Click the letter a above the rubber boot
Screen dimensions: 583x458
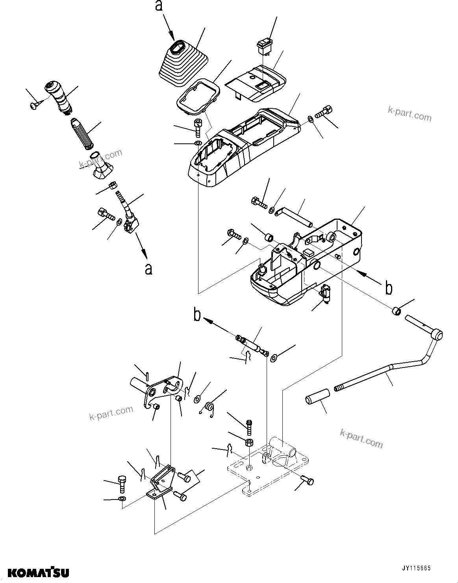159,6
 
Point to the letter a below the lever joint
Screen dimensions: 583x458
148,269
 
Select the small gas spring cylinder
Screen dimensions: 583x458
252,344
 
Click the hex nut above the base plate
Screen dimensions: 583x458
249,442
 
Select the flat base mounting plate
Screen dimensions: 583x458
268,469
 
